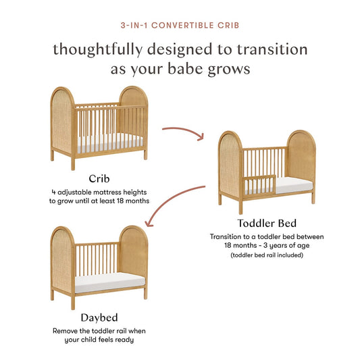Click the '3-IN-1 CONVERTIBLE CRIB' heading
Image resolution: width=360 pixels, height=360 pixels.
[x=180, y=25]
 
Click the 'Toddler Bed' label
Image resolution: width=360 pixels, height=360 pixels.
[x=266, y=224]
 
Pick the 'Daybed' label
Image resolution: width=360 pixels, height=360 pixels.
[x=99, y=317]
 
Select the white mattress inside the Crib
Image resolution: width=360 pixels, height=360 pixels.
[x=107, y=142]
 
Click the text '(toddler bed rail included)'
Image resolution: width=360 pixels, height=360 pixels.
[x=266, y=256]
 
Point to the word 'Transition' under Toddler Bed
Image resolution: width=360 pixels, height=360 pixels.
[x=229, y=236]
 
